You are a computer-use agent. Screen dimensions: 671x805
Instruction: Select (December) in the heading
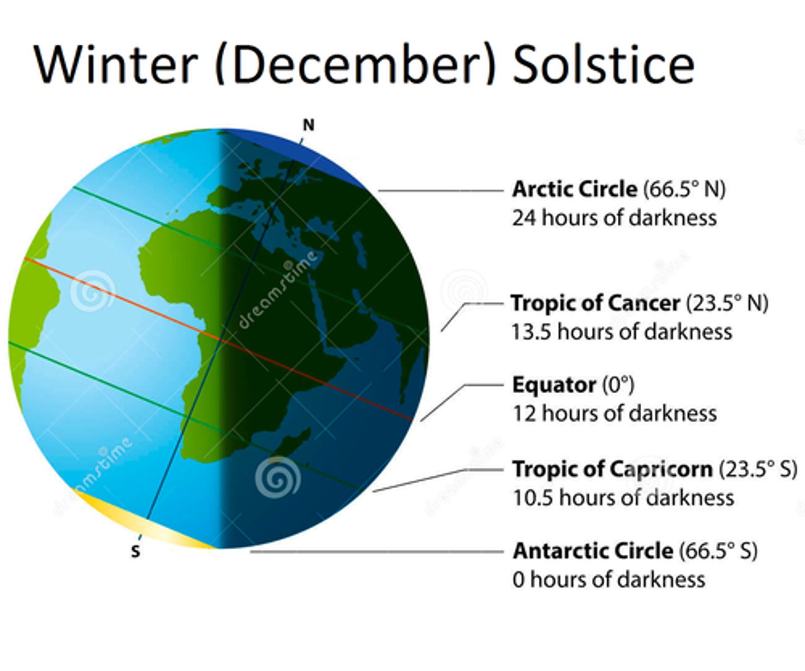[x=355, y=64]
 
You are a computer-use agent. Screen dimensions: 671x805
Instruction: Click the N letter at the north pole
[x=308, y=125]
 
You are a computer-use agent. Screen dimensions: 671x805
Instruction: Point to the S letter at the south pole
[x=135, y=551]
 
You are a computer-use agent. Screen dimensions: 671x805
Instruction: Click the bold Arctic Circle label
[x=575, y=189]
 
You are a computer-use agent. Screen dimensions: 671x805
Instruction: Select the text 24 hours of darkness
[x=614, y=218]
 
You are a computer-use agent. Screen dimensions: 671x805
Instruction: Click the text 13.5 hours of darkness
[x=622, y=332]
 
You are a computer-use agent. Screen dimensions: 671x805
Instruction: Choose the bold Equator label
[x=554, y=385]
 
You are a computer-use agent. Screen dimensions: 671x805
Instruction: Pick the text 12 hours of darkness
[x=614, y=413]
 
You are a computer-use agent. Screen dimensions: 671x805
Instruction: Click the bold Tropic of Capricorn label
[x=613, y=469]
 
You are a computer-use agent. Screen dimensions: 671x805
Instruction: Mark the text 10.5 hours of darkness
[x=623, y=497]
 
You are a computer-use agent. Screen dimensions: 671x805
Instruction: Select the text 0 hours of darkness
[x=609, y=579]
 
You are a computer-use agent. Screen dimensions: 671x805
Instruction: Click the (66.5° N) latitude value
[x=684, y=189]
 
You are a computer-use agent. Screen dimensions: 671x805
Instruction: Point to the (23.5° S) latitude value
[x=757, y=469]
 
